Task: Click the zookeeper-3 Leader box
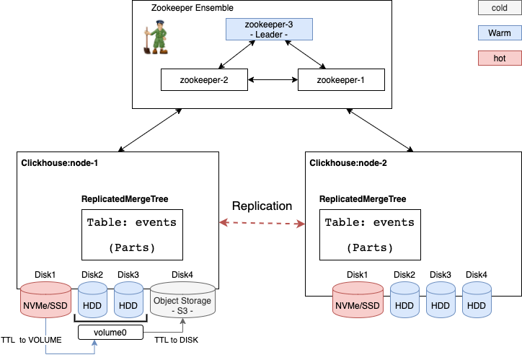click(x=269, y=30)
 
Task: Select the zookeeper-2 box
click(x=204, y=79)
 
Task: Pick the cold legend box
click(x=499, y=9)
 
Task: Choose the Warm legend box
click(x=499, y=32)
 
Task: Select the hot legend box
click(x=499, y=57)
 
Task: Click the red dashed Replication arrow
click(x=262, y=224)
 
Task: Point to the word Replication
click(x=262, y=206)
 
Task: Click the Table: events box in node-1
click(x=131, y=234)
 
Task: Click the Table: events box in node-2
click(x=369, y=234)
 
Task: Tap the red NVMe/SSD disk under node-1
click(x=46, y=303)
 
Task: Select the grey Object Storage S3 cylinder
click(x=182, y=303)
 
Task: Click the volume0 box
click(x=109, y=333)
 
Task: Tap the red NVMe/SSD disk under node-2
click(x=357, y=303)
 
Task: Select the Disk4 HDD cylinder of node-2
click(x=477, y=303)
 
